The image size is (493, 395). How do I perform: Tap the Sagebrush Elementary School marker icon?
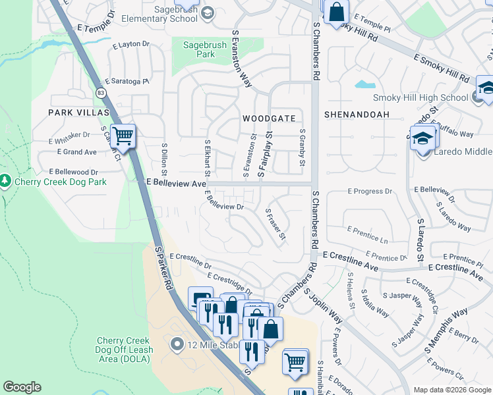[x=208, y=13]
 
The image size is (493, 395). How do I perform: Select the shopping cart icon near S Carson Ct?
[x=123, y=136]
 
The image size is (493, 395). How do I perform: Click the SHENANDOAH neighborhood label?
[x=357, y=115]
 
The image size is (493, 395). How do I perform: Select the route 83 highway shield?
[x=100, y=93]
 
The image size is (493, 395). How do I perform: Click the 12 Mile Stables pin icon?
[x=175, y=343]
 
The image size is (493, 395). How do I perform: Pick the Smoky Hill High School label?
[x=420, y=98]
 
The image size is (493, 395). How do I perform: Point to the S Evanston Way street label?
[x=242, y=58]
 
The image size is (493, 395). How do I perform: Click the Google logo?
[x=22, y=387]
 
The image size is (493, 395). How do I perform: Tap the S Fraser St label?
[x=275, y=224]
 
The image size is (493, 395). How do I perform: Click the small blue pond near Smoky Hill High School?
[x=364, y=84]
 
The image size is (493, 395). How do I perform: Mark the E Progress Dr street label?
[x=370, y=192]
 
